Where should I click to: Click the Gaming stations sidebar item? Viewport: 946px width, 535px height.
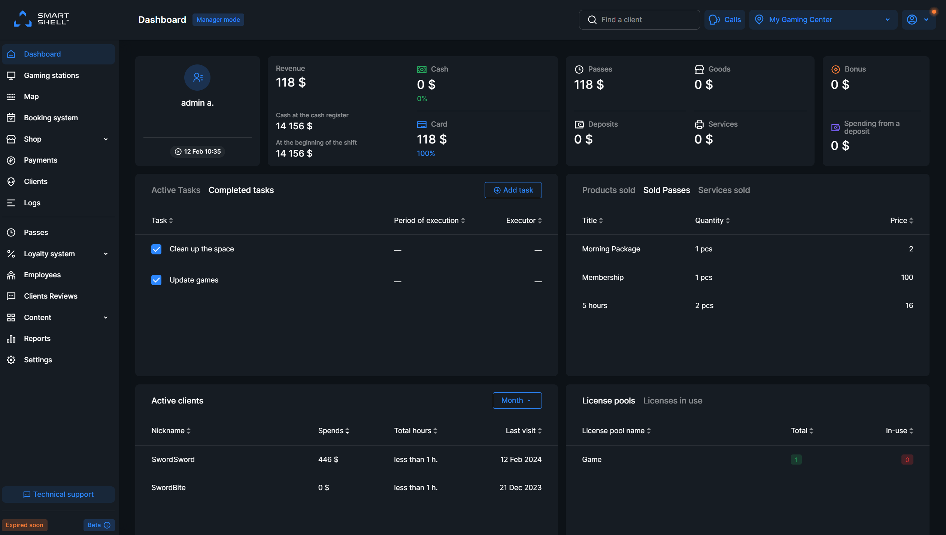pos(51,75)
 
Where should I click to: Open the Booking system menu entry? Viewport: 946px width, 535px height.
pos(51,118)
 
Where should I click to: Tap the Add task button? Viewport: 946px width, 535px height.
pos(513,190)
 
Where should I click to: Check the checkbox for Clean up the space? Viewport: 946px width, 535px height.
pos(156,249)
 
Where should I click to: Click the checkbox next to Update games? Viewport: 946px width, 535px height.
pos(156,280)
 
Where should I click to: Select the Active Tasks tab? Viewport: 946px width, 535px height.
pos(176,190)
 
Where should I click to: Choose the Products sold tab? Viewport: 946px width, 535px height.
pos(608,190)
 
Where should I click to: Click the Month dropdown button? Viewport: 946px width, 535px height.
pos(517,400)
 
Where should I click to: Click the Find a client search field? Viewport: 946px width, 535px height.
pos(639,19)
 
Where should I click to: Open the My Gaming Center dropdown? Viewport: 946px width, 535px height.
pos(823,19)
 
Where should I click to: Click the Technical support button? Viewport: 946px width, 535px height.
pos(58,494)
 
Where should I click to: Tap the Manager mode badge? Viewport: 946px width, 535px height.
pos(218,19)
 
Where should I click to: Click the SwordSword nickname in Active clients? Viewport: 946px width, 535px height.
pos(173,459)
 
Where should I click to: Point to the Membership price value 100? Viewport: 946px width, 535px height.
pos(907,277)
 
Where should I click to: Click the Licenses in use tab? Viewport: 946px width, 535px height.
pos(673,401)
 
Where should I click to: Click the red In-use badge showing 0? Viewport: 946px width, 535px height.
pos(907,460)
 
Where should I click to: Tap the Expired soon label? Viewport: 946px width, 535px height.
pos(25,525)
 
